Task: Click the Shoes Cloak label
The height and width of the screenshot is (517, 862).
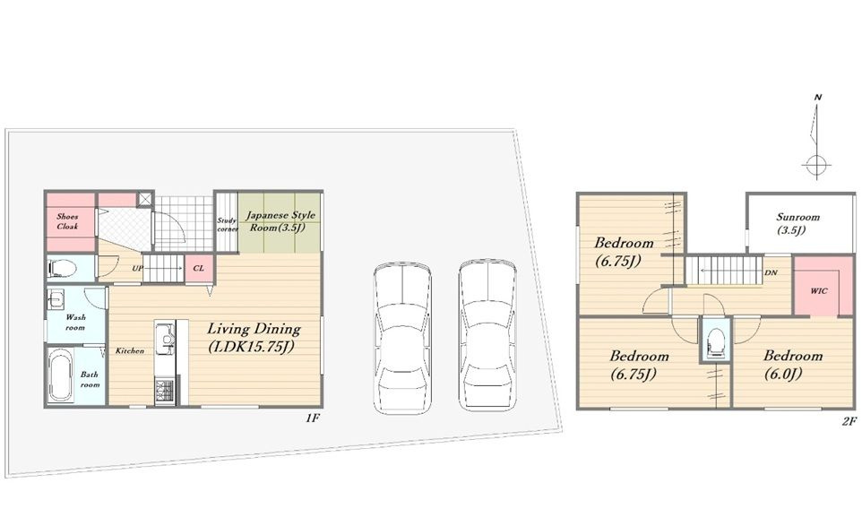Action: pos(67,221)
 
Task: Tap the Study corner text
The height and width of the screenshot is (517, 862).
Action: pos(227,224)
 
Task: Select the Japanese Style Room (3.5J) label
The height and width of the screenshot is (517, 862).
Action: pos(280,221)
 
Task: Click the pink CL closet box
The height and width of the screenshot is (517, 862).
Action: pos(199,269)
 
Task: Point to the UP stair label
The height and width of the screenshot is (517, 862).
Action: pos(137,269)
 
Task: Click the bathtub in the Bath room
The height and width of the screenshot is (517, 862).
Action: pos(60,376)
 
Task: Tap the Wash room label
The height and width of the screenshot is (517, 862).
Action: pos(75,323)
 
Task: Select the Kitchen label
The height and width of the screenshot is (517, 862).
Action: pos(130,351)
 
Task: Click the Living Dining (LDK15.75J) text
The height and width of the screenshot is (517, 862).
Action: pos(254,338)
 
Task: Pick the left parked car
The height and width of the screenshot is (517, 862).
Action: pos(401,339)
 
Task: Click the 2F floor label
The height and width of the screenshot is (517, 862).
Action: pos(849,422)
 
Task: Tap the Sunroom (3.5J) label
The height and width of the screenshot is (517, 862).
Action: pos(797,223)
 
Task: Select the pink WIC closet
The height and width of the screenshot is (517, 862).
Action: pos(817,286)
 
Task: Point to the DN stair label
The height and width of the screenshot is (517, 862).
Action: pos(771,272)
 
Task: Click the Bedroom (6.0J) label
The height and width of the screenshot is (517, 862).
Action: pos(792,365)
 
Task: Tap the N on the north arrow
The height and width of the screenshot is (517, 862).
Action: pos(818,98)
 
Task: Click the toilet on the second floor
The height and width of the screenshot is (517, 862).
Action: pos(715,342)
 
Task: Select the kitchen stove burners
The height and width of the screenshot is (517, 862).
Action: pos(164,391)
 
